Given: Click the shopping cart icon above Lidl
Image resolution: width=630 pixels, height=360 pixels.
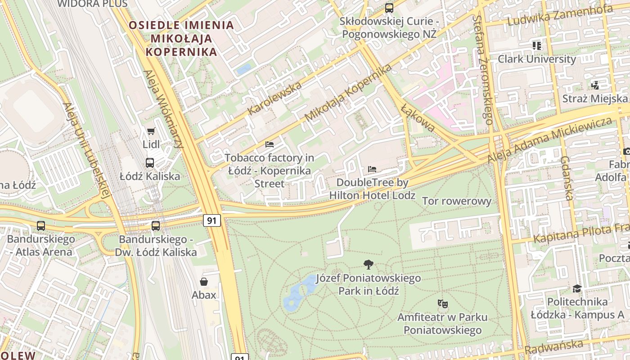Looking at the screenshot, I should (x=151, y=131).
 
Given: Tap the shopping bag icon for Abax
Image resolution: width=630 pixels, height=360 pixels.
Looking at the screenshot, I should (x=204, y=282).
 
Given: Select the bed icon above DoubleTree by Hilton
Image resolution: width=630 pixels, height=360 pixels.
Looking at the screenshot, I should (x=372, y=169).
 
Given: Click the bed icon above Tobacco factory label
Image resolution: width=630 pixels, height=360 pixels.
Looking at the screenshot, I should (x=270, y=144).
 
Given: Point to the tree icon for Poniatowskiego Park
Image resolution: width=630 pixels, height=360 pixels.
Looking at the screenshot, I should (x=368, y=265).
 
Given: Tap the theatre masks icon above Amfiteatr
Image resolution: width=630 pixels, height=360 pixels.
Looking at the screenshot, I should (x=442, y=304).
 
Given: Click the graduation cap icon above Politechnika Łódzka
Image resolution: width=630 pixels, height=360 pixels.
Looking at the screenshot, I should (x=577, y=288).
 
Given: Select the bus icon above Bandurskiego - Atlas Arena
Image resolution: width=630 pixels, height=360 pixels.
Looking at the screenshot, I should (x=41, y=225).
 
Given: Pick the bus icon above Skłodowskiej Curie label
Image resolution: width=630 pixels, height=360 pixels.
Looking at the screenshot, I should (x=389, y=8).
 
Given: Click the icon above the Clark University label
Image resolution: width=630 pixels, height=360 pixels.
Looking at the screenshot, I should (x=536, y=45).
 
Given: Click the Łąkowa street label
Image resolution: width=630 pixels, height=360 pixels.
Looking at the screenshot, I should (x=418, y=118).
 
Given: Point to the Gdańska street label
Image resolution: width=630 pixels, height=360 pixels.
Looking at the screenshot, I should (x=567, y=178).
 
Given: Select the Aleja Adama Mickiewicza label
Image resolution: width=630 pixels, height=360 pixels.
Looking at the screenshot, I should (x=550, y=140).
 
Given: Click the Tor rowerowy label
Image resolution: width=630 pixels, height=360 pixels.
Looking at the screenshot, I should (x=457, y=201).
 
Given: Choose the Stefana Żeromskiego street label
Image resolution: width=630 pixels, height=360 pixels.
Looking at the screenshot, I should (x=482, y=70).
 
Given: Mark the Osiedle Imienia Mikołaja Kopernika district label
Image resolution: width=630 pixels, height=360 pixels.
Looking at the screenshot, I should (x=182, y=38).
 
